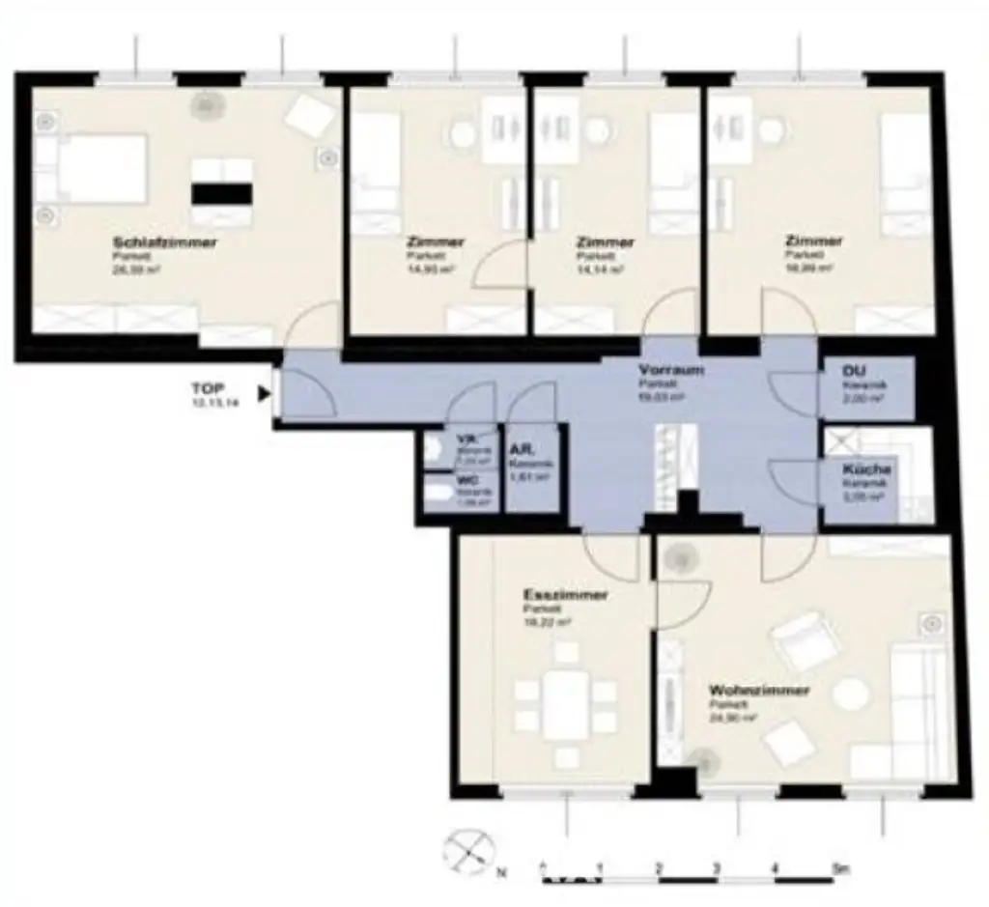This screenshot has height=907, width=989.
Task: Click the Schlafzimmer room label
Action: (165, 241)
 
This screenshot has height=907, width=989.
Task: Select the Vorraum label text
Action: (670, 371)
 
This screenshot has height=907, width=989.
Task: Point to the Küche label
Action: (864, 469)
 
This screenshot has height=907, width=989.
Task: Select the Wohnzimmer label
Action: (758, 692)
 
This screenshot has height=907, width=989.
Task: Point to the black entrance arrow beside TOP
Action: (263, 393)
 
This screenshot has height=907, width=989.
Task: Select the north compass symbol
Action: (468, 853)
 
